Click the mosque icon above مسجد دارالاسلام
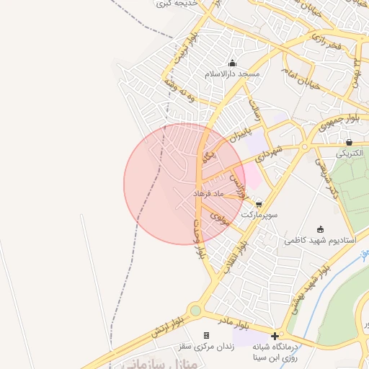(232, 63)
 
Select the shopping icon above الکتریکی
(350, 142)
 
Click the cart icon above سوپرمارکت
(259, 204)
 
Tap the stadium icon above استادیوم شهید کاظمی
(321, 229)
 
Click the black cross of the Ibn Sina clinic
(274, 335)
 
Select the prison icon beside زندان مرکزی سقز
(207, 335)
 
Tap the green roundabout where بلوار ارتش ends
(196, 311)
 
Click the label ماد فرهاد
(210, 194)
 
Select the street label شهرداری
(272, 153)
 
